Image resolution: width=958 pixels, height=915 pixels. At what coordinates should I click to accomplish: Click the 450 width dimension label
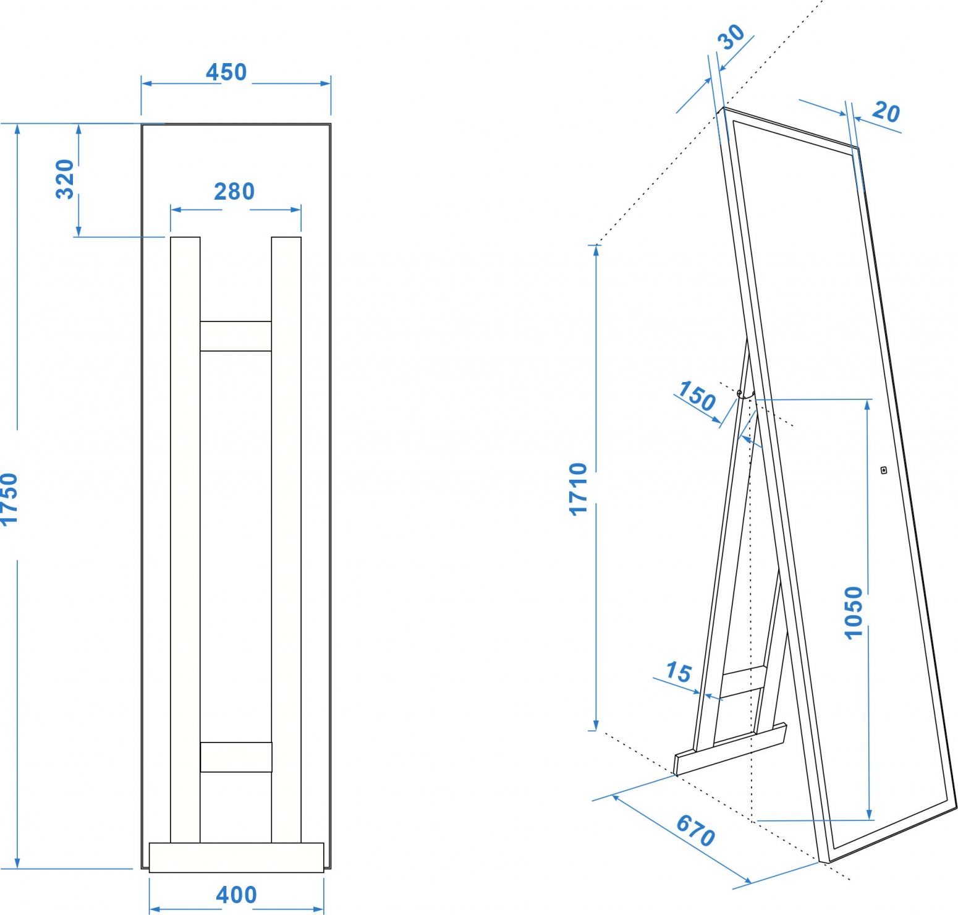click(226, 72)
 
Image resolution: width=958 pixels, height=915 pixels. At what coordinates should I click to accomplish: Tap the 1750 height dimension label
click(9, 500)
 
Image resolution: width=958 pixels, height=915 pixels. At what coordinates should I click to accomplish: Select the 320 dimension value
click(65, 179)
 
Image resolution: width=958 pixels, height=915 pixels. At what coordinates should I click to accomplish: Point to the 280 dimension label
click(234, 192)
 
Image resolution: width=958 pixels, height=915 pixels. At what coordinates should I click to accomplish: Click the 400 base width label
click(236, 895)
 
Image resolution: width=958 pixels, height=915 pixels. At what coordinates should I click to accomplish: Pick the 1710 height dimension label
click(578, 488)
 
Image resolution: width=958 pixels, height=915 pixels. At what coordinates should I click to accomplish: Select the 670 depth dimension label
click(697, 830)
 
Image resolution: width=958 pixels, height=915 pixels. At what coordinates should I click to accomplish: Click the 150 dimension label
click(697, 396)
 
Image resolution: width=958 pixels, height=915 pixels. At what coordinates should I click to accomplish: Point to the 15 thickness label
click(679, 671)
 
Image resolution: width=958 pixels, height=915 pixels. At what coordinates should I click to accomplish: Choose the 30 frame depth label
click(731, 37)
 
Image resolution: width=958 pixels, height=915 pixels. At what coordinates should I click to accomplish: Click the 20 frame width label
click(886, 112)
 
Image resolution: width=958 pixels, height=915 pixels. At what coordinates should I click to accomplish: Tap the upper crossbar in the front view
click(235, 336)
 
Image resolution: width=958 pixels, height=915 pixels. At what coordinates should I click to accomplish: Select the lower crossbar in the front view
click(236, 757)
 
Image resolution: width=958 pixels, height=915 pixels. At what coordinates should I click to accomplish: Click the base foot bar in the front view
click(236, 858)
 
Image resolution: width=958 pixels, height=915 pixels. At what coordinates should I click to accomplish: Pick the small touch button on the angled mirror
click(884, 470)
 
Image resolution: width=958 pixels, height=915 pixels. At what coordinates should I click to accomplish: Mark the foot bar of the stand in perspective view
click(731, 749)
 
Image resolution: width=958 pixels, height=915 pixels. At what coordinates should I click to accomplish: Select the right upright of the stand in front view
click(286, 540)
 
